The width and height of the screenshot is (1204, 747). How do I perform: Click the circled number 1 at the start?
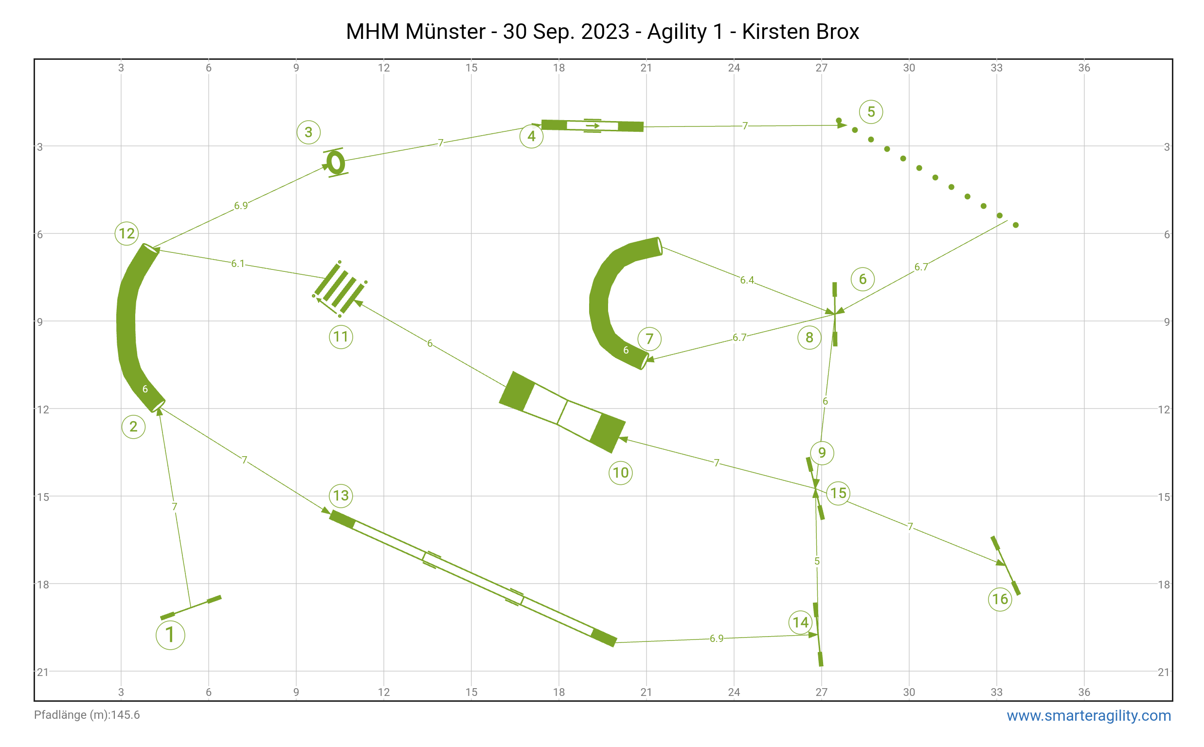click(170, 635)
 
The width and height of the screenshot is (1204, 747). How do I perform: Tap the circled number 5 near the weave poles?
click(870, 112)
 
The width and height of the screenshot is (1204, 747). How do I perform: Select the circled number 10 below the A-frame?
click(621, 473)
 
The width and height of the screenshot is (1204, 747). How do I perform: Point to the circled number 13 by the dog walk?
click(341, 496)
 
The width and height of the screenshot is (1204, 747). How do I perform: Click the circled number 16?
click(1000, 599)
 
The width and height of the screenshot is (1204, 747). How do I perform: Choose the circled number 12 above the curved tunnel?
click(127, 233)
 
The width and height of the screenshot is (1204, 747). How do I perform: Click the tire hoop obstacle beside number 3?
click(336, 162)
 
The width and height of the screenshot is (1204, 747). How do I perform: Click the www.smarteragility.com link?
click(1088, 715)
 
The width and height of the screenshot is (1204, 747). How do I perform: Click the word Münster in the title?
click(446, 32)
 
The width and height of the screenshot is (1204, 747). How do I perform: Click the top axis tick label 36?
click(1084, 68)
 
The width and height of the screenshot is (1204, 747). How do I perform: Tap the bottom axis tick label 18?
click(559, 692)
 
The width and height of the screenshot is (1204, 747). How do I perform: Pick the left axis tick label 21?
click(43, 672)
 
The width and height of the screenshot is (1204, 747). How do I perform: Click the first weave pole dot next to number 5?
click(838, 121)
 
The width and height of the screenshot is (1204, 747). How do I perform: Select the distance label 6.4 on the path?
click(747, 280)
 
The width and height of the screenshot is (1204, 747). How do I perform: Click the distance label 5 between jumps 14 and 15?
click(817, 561)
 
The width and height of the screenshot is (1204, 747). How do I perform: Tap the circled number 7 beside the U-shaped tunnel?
click(649, 339)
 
